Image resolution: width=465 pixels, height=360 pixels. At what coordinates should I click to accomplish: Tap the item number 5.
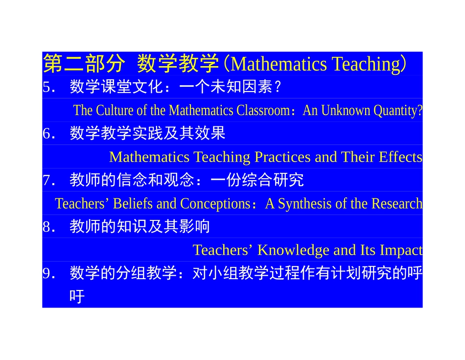pyautogui.click(x=47, y=87)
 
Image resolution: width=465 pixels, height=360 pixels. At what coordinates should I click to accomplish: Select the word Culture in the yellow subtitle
pyautogui.click(x=115, y=110)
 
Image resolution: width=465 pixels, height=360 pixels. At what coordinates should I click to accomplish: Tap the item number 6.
pyautogui.click(x=47, y=133)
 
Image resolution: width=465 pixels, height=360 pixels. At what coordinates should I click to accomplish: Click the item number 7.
pyautogui.click(x=47, y=180)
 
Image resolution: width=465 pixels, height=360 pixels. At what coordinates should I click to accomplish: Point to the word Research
pyautogui.click(x=397, y=203)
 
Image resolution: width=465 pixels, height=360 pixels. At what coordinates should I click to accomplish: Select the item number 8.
pyautogui.click(x=47, y=226)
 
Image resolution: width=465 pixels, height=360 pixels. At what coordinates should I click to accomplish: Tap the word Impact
pyautogui.click(x=401, y=250)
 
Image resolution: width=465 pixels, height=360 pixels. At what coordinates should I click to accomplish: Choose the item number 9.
pyautogui.click(x=47, y=273)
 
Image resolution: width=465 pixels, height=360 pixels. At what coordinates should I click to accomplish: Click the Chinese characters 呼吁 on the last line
pyautogui.click(x=77, y=296)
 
